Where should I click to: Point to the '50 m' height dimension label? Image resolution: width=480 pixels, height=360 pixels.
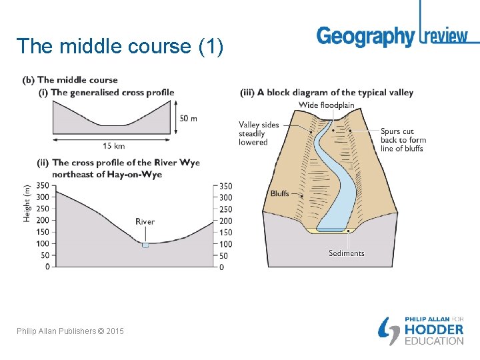188,119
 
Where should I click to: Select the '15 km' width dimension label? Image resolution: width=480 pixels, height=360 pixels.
113,146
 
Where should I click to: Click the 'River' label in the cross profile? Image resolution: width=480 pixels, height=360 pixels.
145,221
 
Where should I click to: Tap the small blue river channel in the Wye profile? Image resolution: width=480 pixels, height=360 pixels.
145,245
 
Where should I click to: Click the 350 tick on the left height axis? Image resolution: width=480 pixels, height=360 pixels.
43,185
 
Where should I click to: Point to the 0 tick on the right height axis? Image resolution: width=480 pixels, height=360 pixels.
221,267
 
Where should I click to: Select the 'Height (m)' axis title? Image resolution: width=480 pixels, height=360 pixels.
27,203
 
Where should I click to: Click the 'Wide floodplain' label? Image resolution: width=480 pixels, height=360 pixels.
327,105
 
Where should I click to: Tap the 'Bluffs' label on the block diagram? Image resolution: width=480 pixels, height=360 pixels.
279,194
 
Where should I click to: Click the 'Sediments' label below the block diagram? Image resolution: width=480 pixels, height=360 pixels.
347,253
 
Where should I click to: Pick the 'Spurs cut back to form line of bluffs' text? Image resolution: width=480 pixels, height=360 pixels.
403,140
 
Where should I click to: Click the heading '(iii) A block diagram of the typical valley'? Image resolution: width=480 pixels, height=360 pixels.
327,93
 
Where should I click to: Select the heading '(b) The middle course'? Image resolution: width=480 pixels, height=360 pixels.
70,80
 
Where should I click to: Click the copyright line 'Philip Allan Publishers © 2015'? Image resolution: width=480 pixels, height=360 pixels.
71,331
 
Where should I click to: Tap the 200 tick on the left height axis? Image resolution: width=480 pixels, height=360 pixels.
43,220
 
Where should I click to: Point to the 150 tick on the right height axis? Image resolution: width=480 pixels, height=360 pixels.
225,233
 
